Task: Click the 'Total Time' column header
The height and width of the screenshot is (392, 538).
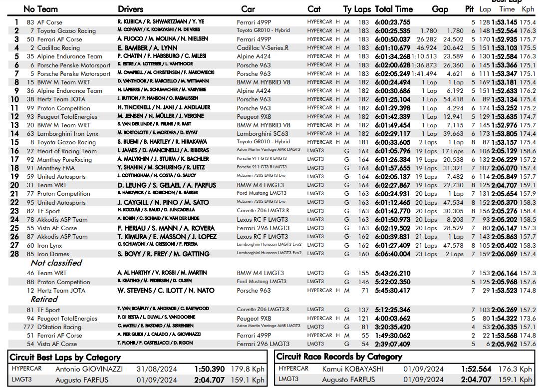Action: [393, 9]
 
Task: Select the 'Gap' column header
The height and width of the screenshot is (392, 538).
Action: [440, 9]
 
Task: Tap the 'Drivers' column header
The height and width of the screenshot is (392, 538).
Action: [130, 9]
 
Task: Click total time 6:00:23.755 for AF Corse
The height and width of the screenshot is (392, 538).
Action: [392, 22]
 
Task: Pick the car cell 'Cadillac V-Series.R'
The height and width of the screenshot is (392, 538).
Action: [263, 48]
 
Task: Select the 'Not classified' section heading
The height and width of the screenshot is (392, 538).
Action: [56, 263]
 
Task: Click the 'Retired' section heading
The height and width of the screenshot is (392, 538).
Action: [44, 300]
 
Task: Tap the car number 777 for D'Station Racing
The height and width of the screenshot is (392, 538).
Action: [29, 327]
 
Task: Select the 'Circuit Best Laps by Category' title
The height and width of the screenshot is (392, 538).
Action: [65, 358]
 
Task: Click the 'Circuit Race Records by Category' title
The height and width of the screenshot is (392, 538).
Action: [339, 357]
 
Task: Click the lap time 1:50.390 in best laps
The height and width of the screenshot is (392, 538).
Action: [210, 370]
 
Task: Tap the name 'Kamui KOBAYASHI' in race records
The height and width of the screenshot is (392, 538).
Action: [352, 369]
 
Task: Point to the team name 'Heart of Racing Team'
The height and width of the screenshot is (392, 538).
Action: [67, 151]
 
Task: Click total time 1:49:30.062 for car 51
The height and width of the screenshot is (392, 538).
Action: [392, 336]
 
